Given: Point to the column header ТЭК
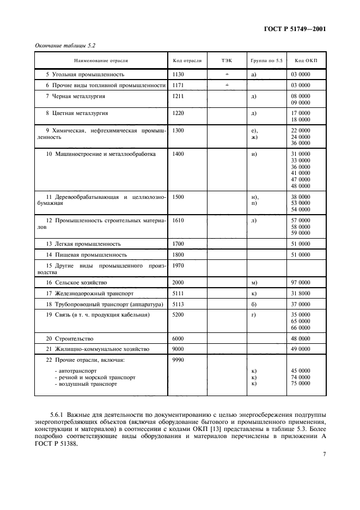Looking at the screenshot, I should [x=227, y=60].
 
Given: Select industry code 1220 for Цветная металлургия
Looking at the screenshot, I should [x=178, y=113].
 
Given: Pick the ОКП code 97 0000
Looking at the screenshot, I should [x=301, y=283].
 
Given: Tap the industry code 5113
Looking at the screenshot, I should [x=178, y=304].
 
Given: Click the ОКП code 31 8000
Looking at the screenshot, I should [x=301, y=293].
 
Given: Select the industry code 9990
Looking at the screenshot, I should [x=178, y=360].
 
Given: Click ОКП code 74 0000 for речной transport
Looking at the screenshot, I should [x=301, y=377].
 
